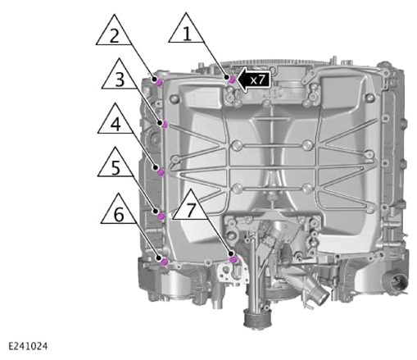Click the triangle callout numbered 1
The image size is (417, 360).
(187, 30)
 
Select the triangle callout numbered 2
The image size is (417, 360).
(114, 32)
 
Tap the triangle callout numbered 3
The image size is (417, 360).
(120, 76)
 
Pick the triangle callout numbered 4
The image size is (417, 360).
(116, 121)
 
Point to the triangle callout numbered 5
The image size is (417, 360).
(116, 165)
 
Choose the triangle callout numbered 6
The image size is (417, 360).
(119, 212)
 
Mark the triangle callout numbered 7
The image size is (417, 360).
(191, 207)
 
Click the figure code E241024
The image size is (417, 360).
(28, 346)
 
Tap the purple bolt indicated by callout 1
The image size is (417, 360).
(232, 80)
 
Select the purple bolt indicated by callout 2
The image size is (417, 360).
(160, 83)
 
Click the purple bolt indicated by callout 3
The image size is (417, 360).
(165, 125)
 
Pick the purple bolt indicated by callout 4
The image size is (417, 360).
(161, 172)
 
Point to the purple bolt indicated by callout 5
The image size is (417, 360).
(161, 216)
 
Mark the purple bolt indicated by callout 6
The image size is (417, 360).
(164, 262)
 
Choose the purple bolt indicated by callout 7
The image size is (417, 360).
(233, 259)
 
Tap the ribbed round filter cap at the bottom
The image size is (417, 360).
(257, 319)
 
